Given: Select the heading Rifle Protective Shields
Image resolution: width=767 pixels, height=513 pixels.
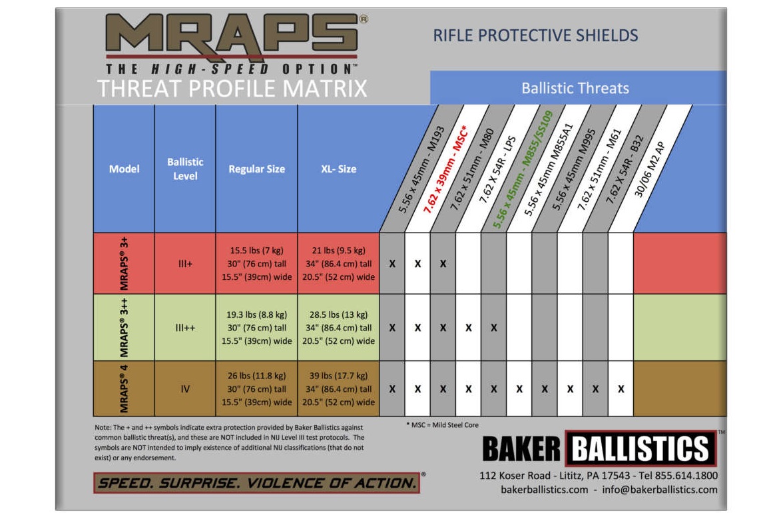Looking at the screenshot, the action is (x=535, y=35).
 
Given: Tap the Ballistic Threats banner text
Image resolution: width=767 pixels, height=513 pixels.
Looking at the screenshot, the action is (x=575, y=88).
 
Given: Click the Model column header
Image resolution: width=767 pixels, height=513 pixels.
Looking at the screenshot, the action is (x=124, y=169).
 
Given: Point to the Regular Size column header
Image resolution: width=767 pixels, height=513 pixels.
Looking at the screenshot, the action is (x=256, y=169).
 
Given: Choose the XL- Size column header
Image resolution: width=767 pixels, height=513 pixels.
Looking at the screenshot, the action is (x=338, y=169).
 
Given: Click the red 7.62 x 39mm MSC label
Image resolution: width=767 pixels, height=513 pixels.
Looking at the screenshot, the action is (x=445, y=169).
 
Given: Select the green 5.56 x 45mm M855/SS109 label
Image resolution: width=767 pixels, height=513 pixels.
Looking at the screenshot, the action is (x=523, y=169).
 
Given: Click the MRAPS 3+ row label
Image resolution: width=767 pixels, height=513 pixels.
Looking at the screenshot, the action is (x=125, y=263).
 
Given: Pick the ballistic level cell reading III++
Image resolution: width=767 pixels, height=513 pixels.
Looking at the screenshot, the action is (x=185, y=328).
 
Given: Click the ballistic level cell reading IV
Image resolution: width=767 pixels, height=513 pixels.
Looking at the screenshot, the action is (x=185, y=389).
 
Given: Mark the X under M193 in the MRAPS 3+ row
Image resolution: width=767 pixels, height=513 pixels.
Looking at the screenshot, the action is (x=392, y=264).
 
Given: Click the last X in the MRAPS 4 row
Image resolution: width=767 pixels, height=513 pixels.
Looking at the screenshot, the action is (x=621, y=389).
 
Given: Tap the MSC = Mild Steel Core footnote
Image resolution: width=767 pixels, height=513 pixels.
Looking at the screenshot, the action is (x=442, y=425).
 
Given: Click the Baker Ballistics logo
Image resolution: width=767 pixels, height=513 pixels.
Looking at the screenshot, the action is (x=599, y=448).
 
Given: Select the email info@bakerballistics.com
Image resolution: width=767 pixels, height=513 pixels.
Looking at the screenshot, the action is (x=659, y=490).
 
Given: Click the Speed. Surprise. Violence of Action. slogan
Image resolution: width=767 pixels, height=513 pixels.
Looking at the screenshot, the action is (x=257, y=483).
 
